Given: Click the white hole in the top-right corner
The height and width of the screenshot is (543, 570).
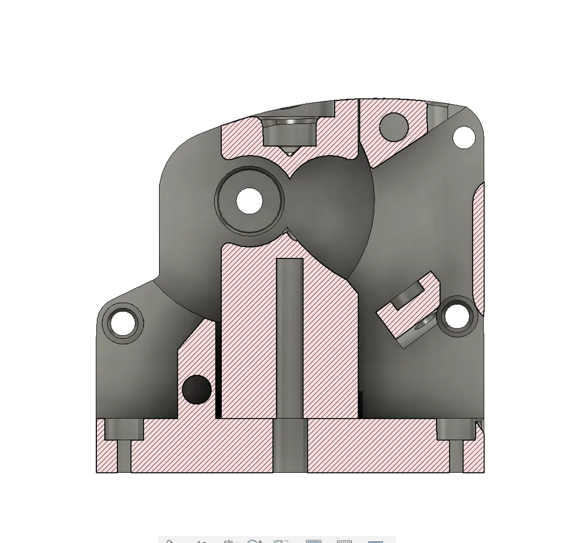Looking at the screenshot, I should [464, 137].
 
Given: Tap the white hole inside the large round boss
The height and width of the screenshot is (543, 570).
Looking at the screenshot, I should [249, 201].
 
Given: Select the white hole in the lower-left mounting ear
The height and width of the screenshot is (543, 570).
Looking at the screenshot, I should [123, 323].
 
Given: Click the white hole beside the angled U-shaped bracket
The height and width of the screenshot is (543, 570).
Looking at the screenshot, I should [457, 316].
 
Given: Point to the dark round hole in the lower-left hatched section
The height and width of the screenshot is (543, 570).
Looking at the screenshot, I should [197, 390].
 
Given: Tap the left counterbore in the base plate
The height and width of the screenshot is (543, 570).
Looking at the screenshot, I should [124, 429].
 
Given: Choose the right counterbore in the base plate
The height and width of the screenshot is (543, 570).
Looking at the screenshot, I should [455, 429].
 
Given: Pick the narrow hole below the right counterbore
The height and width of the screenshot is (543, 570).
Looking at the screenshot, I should [456, 456].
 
